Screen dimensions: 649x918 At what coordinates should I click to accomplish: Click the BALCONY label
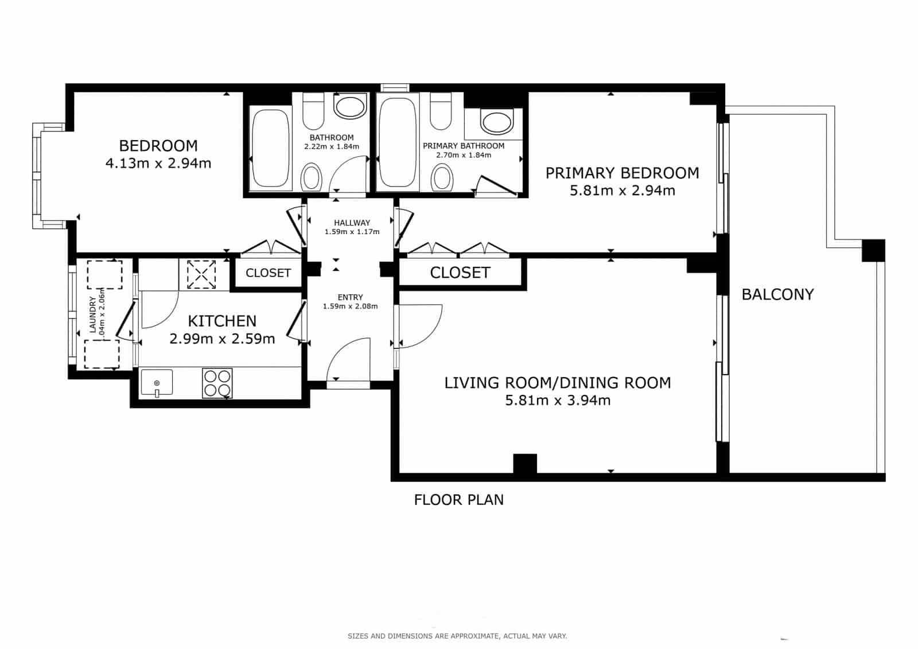(777, 294)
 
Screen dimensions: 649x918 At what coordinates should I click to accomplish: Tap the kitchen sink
(157, 383)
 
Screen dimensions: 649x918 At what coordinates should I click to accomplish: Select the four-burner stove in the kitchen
(217, 383)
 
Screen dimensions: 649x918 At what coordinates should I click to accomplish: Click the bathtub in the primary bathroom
(397, 142)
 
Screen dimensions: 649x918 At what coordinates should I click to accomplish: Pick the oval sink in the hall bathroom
(350, 107)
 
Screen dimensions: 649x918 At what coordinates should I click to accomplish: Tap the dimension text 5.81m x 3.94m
(557, 401)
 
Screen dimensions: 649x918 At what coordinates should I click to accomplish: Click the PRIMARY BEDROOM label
(622, 173)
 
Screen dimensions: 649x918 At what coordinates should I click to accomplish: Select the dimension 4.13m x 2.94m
(158, 164)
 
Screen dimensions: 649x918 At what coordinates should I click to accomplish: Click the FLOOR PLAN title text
(458, 500)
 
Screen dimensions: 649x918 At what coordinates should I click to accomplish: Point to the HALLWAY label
(352, 223)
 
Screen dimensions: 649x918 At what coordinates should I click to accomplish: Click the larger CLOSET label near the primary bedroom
(460, 273)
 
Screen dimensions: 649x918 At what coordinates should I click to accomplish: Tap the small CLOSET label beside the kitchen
(268, 273)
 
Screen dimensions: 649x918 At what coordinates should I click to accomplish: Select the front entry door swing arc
(348, 358)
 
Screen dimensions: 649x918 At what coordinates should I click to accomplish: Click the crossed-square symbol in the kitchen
(201, 274)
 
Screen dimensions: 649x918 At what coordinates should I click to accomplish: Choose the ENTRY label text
(350, 297)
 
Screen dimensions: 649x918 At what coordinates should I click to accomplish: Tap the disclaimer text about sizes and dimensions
(457, 636)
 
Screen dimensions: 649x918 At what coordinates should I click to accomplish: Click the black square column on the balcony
(873, 251)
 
